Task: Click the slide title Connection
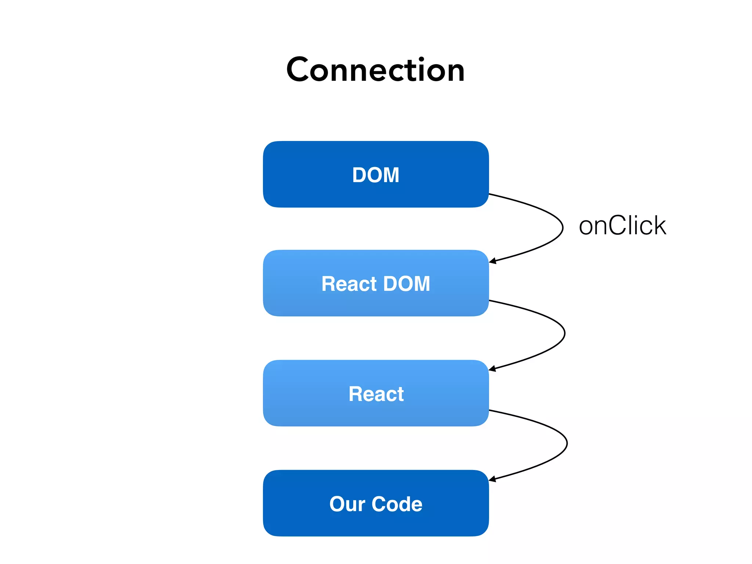point(376,70)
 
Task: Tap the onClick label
point(622,225)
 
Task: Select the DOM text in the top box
point(376,175)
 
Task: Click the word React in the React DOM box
point(349,284)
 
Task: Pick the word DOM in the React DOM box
point(406,284)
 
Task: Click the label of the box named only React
point(376,394)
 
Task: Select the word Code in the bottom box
point(397,504)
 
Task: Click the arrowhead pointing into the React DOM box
point(493,261)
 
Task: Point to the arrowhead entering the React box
point(492,369)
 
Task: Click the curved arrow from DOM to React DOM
point(562,228)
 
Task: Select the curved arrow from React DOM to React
point(564,333)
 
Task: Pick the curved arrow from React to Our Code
point(567,444)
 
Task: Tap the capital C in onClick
point(618,225)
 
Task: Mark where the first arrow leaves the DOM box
point(490,194)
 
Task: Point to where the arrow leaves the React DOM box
point(490,300)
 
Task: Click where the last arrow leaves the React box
point(490,410)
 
